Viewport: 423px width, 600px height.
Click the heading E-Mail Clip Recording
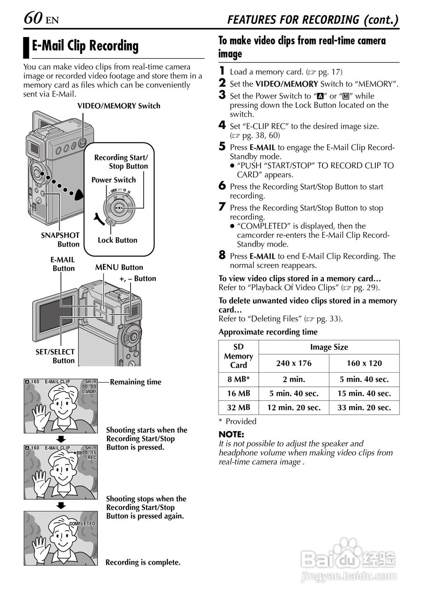click(85, 46)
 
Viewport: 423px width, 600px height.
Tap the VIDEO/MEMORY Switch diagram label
click(118, 106)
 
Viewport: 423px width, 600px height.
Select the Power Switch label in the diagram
click(113, 180)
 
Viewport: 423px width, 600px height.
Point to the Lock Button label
click(117, 240)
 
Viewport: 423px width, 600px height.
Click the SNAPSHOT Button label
click(60, 240)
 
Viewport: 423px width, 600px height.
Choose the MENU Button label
click(119, 268)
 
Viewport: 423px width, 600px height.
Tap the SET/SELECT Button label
click(55, 356)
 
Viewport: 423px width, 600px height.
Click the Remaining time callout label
click(136, 382)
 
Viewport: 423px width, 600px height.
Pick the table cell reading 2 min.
click(294, 380)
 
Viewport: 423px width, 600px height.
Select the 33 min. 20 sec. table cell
click(364, 408)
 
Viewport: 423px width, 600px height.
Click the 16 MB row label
click(239, 394)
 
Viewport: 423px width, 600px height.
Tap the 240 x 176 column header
click(294, 363)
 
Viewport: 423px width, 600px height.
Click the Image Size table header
click(329, 347)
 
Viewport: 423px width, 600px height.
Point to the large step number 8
click(222, 255)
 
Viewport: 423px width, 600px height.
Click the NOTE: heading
click(231, 435)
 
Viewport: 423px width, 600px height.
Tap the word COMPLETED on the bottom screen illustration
click(82, 524)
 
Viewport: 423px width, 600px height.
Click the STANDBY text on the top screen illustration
click(89, 391)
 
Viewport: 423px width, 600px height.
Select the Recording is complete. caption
click(143, 562)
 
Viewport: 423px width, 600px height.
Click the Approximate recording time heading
click(268, 332)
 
